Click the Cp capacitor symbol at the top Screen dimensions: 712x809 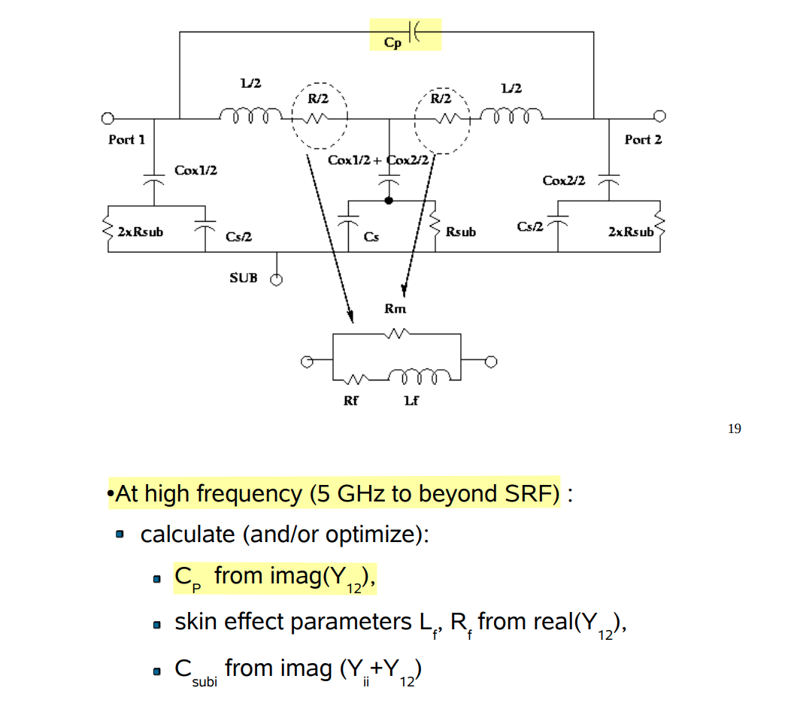tap(416, 32)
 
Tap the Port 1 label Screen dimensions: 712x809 tap(126, 140)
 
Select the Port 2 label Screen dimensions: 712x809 tap(643, 140)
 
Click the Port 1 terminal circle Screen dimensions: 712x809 tap(108, 119)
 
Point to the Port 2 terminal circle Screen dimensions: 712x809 tap(659, 116)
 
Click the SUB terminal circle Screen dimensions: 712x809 tap(277, 280)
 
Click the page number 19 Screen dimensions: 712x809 tap(734, 429)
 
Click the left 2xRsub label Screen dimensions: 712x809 tap(140, 231)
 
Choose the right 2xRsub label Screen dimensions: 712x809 tap(630, 232)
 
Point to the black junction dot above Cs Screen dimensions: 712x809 tap(389, 201)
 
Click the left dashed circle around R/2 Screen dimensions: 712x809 tap(319, 115)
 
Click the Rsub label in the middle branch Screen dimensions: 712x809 tap(460, 232)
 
